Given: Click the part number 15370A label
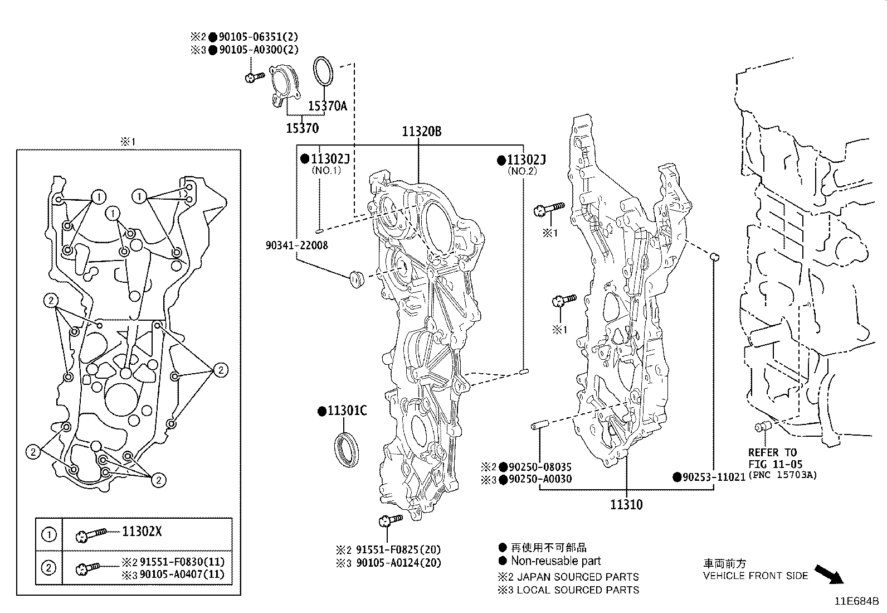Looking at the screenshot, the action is pos(328,107).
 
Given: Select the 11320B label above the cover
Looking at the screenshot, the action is pos(421,131).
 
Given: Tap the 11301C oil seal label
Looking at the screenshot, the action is pos(347,411).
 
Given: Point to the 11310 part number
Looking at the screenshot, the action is pos(626,504).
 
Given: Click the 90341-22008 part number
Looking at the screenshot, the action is pos(296,245).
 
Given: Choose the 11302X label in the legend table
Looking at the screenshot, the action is pos(142,531).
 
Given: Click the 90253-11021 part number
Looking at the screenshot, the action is pos(714,477).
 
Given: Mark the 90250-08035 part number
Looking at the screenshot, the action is pos(540,467).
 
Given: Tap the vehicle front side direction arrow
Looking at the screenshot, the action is pos(829,574).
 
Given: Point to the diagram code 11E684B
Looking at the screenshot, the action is pos(856,601).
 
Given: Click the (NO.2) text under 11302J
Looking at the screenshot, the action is pos(522,171).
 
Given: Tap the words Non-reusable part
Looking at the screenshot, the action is pos(556,561).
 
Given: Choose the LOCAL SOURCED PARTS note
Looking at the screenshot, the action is pos(578,590).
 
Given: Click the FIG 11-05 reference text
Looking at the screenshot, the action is pos(776,464).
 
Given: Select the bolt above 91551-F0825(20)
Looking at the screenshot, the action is pos(391,520).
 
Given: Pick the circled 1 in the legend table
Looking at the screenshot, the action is pos(48,534).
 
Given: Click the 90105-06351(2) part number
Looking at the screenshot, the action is pos(259,37).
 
